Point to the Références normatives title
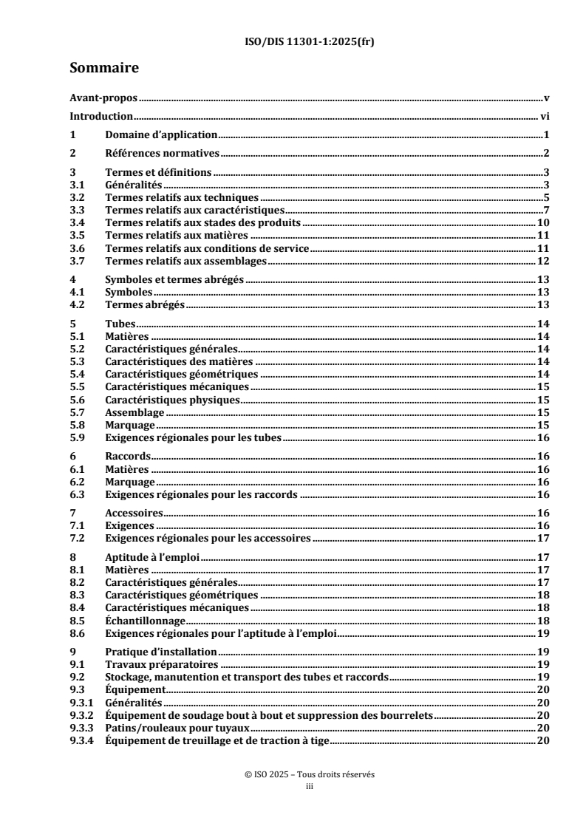point(162,154)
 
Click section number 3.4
point(76,222)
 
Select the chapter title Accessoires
point(133,513)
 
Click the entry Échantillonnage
point(145,621)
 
